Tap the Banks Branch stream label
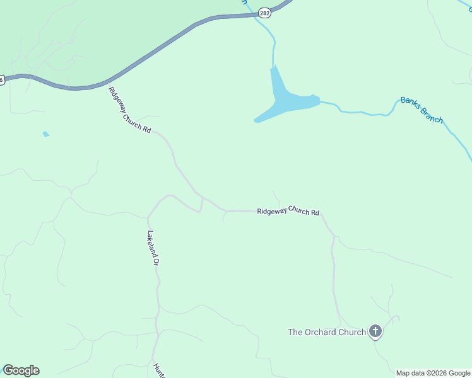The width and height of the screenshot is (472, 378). [x=422, y=110]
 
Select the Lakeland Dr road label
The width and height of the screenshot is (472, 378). [x=151, y=247]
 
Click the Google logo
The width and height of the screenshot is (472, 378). [x=21, y=370]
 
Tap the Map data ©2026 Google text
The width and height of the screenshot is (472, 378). [x=433, y=373]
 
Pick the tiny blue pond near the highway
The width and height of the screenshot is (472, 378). [x=45, y=134]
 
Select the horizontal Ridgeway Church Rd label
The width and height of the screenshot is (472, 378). [x=288, y=212]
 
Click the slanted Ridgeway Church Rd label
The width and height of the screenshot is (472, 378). [x=129, y=110]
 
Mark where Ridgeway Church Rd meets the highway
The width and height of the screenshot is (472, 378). [x=108, y=83]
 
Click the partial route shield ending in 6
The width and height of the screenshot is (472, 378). [x=2, y=79]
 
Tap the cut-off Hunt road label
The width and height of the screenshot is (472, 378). [x=158, y=370]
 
